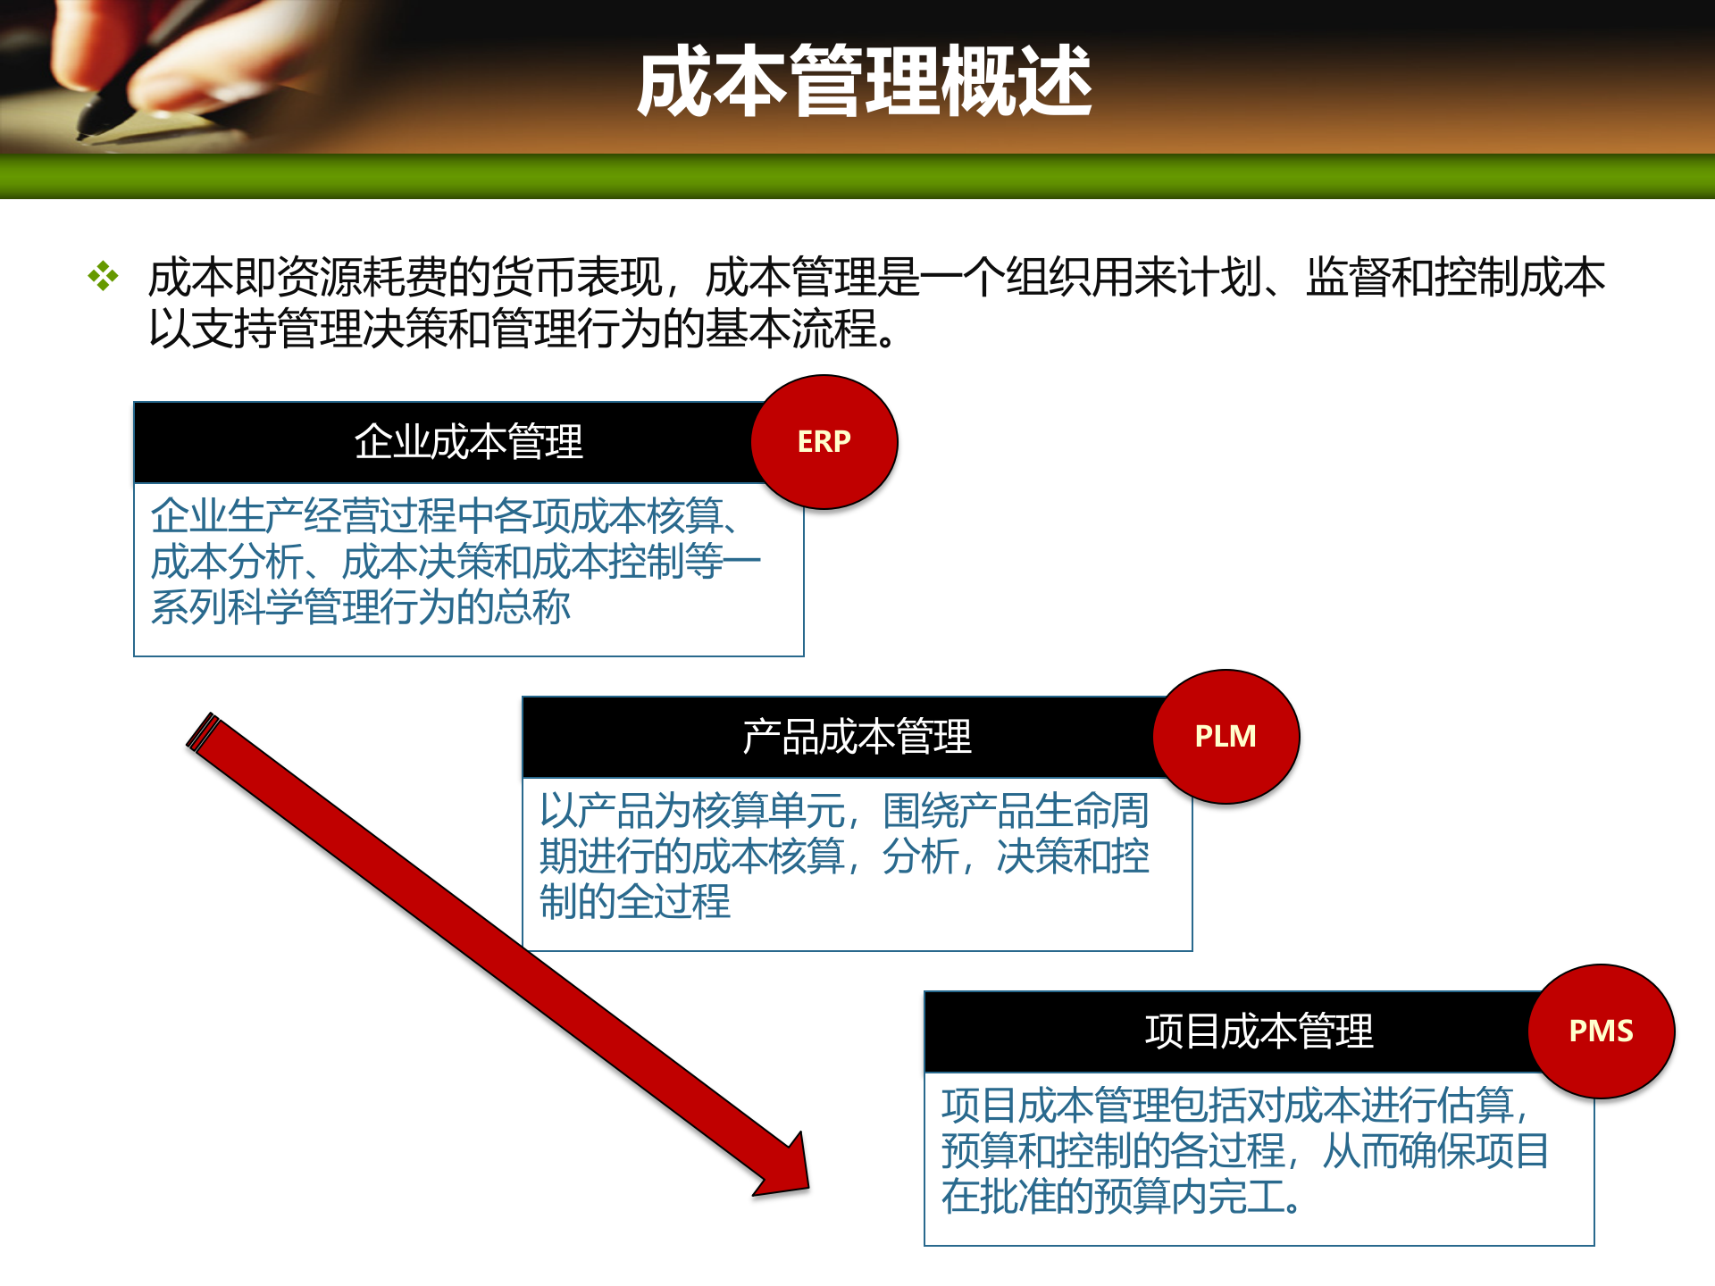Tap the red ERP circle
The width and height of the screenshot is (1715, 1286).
(x=824, y=442)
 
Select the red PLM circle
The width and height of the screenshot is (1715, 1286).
(x=1226, y=737)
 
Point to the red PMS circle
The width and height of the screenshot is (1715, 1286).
(x=1601, y=1031)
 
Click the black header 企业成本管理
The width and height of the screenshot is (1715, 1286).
(x=468, y=442)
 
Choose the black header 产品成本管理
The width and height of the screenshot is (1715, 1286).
(x=856, y=737)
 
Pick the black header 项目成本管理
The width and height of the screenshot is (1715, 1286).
(x=1258, y=1031)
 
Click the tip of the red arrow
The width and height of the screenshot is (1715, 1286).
(x=806, y=1187)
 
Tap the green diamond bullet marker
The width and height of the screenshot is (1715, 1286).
(x=103, y=276)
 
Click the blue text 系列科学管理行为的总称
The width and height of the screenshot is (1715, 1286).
(x=360, y=607)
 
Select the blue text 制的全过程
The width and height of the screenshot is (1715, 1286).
(x=634, y=902)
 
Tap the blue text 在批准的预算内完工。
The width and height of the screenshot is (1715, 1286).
(x=1120, y=1197)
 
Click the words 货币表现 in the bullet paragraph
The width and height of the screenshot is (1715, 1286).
(x=576, y=277)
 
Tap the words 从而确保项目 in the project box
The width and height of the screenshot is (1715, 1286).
(x=1435, y=1151)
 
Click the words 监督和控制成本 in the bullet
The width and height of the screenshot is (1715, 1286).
(x=1455, y=277)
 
